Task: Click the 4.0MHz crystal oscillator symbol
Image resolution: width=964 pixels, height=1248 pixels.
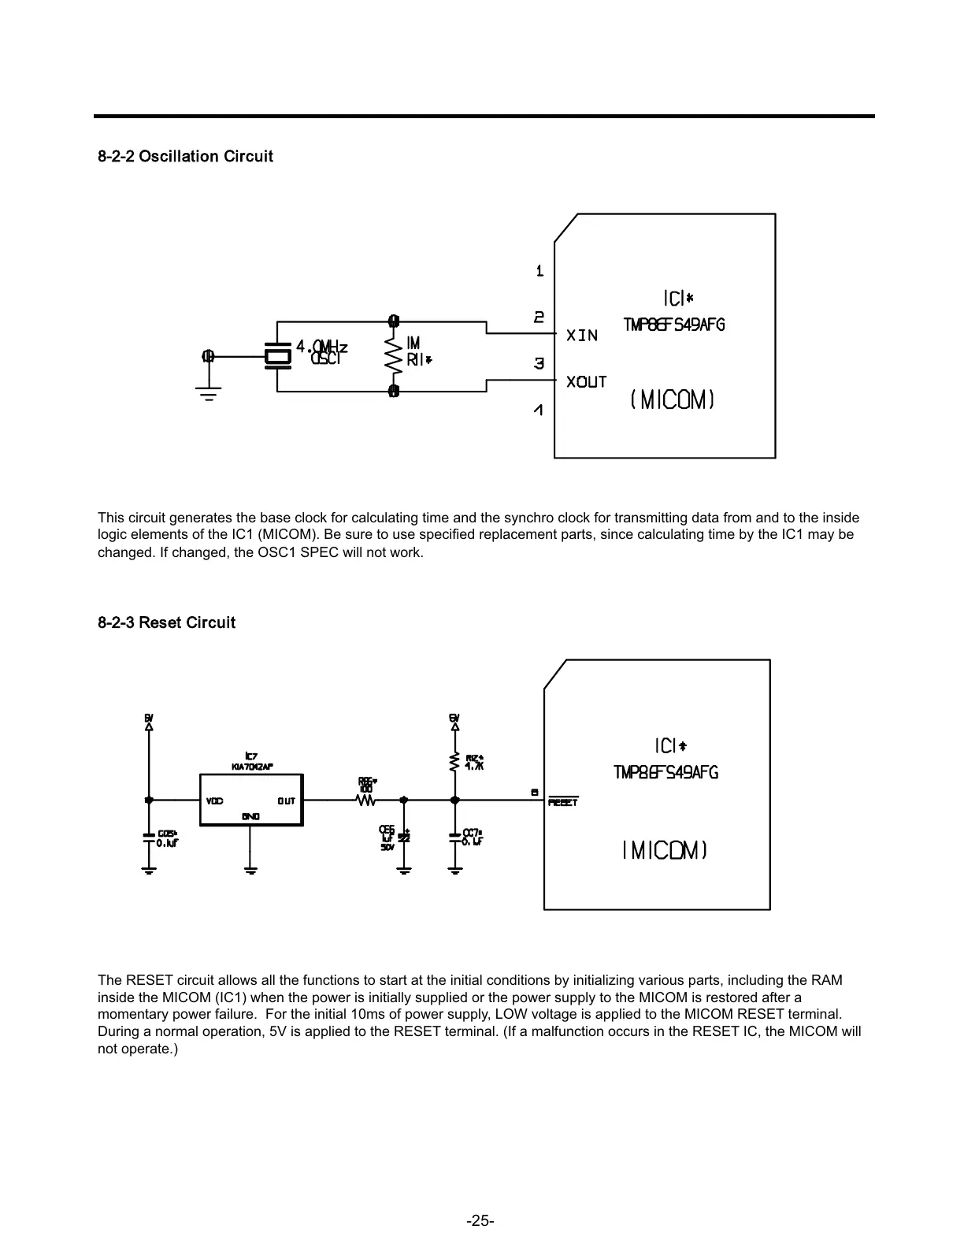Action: pyautogui.click(x=277, y=356)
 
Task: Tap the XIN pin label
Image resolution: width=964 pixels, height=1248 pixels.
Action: pyautogui.click(x=583, y=336)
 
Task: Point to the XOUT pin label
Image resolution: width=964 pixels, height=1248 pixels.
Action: pyautogui.click(x=587, y=382)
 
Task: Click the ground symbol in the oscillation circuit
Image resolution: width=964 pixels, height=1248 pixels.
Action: pyautogui.click(x=209, y=392)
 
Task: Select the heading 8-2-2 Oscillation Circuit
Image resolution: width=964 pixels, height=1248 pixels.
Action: pyautogui.click(x=185, y=156)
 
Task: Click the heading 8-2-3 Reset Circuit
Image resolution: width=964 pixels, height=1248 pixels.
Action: pyautogui.click(x=166, y=622)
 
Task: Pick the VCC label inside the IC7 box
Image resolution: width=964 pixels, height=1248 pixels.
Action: pyautogui.click(x=215, y=801)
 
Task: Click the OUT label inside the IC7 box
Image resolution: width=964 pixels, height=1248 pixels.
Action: pyautogui.click(x=286, y=801)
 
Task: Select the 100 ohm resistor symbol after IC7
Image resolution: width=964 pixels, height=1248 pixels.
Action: pyautogui.click(x=366, y=800)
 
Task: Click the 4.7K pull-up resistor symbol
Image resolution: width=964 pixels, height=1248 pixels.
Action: pyautogui.click(x=454, y=763)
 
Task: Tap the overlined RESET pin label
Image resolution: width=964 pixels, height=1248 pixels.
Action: pyautogui.click(x=563, y=802)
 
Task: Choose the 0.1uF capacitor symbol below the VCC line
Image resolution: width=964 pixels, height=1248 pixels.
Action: pyautogui.click(x=148, y=838)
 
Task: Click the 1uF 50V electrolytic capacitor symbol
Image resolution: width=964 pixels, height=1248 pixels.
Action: pyautogui.click(x=404, y=838)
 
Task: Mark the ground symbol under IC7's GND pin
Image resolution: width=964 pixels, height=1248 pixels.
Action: pyautogui.click(x=250, y=869)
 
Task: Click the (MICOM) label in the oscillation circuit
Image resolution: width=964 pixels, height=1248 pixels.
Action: pyautogui.click(x=673, y=400)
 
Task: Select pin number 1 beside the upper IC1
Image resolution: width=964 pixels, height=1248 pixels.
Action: pyautogui.click(x=539, y=271)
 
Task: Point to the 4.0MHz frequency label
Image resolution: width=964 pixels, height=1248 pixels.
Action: pyautogui.click(x=321, y=347)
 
